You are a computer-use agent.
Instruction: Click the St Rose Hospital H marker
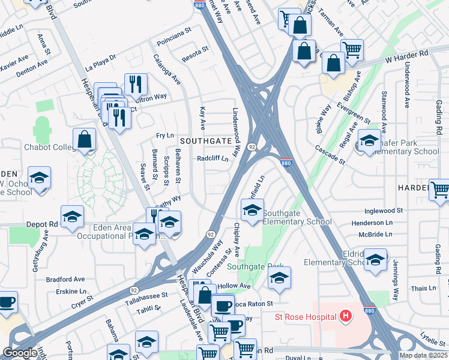[x=345, y=315]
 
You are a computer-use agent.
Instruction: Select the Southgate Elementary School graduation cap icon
[x=252, y=211]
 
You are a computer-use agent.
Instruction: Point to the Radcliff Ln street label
[x=213, y=159]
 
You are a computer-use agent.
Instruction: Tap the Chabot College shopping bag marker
[x=85, y=140]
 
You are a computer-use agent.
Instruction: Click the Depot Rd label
[x=41, y=224]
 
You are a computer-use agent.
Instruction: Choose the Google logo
[x=20, y=353]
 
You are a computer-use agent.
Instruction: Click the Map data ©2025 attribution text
[x=424, y=355]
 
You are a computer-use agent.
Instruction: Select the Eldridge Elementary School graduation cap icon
[x=376, y=260]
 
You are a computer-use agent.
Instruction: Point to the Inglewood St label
[x=383, y=211]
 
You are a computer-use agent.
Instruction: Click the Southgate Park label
[x=255, y=266]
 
